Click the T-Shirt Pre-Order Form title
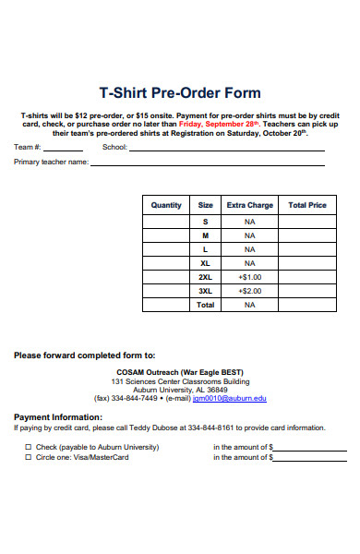coord(179,93)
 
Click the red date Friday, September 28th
coord(220,123)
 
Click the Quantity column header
coord(166,205)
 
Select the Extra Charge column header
coord(249,205)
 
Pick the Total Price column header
coord(307,205)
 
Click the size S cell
coord(205,222)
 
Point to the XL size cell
coord(205,263)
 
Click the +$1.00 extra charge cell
coord(249,277)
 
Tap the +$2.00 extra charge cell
coord(249,291)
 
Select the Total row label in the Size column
coord(205,305)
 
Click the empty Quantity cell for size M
coord(166,235)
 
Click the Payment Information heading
coord(57,417)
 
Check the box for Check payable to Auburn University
coord(28,447)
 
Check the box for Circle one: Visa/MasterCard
coord(28,457)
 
